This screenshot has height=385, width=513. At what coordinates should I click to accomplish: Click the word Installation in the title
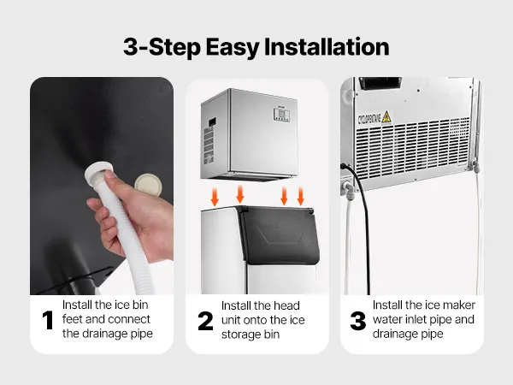[327, 47]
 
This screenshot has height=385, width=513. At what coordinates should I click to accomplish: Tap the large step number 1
[48, 320]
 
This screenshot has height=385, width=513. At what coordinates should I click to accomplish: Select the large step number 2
[205, 321]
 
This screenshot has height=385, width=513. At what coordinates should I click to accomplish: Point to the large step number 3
[358, 321]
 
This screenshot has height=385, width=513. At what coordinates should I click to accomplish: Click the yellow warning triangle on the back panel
[386, 117]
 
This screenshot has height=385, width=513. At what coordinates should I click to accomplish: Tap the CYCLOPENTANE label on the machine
[369, 118]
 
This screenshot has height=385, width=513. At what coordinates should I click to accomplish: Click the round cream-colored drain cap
[148, 184]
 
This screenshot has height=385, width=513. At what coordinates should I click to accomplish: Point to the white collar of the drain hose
[99, 171]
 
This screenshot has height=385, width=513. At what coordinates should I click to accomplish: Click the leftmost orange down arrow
[215, 197]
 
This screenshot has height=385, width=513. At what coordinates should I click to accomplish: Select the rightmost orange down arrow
[300, 196]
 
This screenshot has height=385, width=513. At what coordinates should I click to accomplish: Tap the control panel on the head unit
[281, 115]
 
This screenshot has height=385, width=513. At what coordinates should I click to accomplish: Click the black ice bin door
[279, 234]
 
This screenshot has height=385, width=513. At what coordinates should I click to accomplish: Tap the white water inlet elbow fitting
[347, 188]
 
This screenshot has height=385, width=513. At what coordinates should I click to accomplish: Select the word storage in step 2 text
[241, 335]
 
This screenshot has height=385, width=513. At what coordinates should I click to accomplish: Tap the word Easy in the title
[233, 48]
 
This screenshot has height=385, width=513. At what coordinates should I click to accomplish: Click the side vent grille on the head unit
[209, 144]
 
